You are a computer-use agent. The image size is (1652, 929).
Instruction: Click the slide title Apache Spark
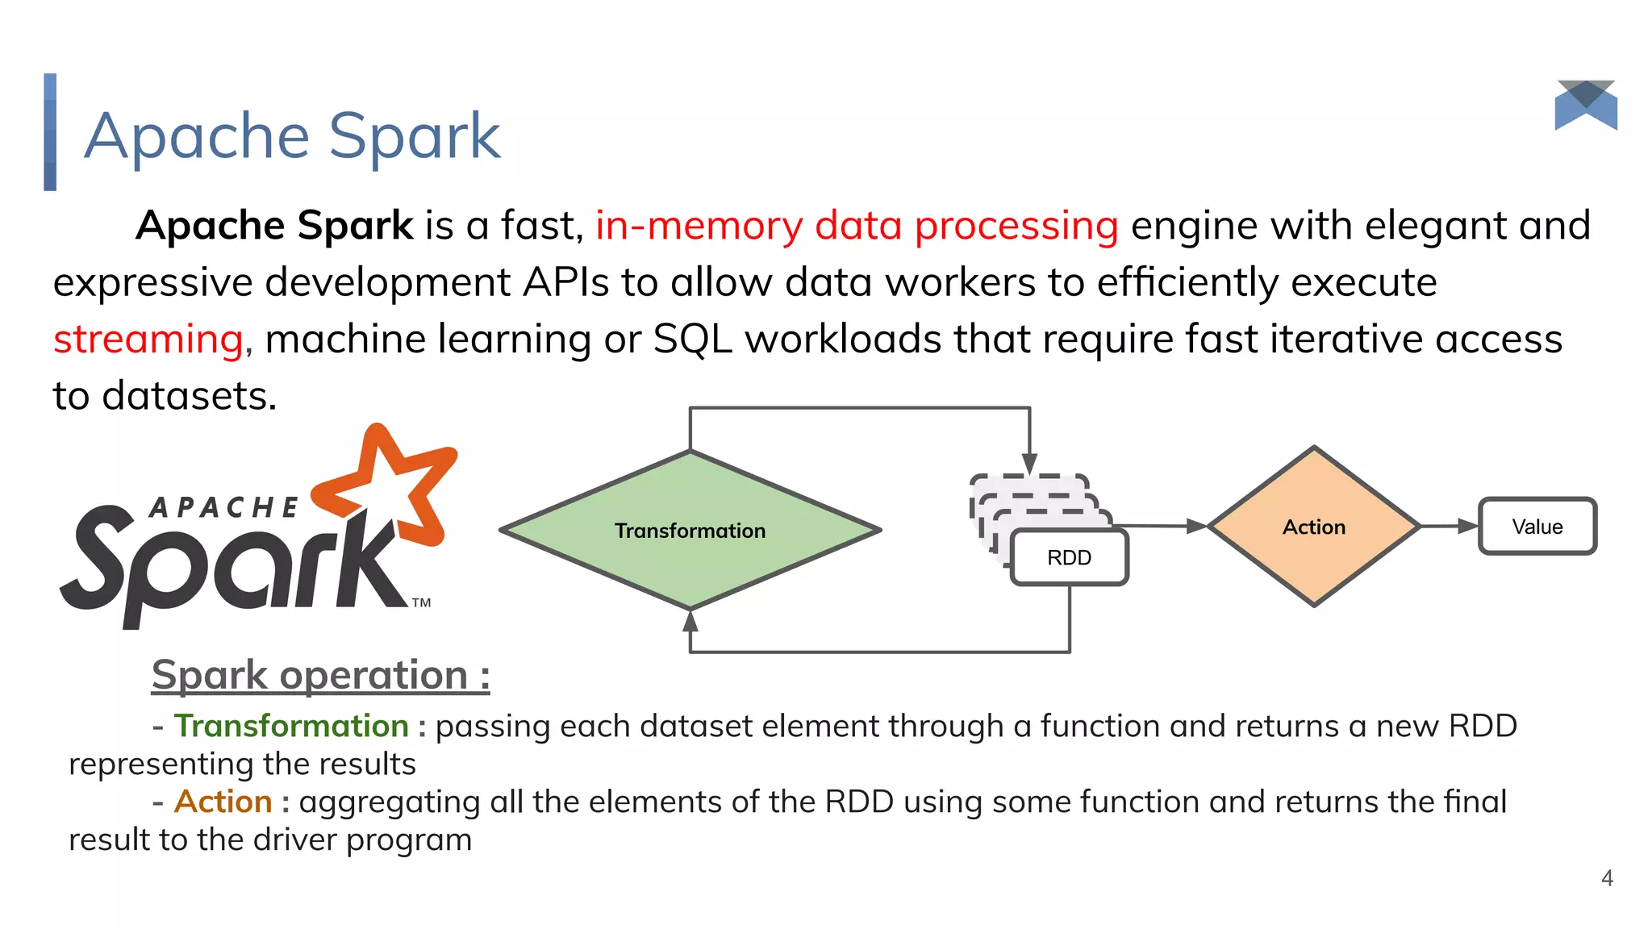[292, 135]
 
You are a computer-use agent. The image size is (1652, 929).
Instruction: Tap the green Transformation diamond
[690, 530]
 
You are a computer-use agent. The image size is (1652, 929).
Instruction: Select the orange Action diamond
[1314, 527]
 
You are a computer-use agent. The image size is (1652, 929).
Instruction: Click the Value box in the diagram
[1537, 527]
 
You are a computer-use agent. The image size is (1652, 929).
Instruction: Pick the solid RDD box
[1069, 557]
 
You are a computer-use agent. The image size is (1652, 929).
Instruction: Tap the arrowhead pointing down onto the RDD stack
[1029, 464]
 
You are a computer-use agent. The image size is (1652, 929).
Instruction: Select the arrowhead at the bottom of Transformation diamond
[690, 620]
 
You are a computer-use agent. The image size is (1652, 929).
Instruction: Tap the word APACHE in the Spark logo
[223, 508]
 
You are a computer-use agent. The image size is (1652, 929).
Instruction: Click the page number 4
[1607, 878]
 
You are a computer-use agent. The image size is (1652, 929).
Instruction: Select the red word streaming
[148, 340]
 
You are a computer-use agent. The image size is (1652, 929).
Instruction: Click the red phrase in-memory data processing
[857, 226]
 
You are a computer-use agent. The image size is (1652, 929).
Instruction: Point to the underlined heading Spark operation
[320, 675]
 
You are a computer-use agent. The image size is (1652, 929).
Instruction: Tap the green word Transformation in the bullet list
[291, 726]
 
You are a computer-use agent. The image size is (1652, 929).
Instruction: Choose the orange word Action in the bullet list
[223, 802]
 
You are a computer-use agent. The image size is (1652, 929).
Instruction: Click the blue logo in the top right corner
[1586, 106]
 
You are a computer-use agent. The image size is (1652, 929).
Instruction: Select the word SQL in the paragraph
[692, 340]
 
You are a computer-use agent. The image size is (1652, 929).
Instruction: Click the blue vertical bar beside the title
[50, 132]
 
